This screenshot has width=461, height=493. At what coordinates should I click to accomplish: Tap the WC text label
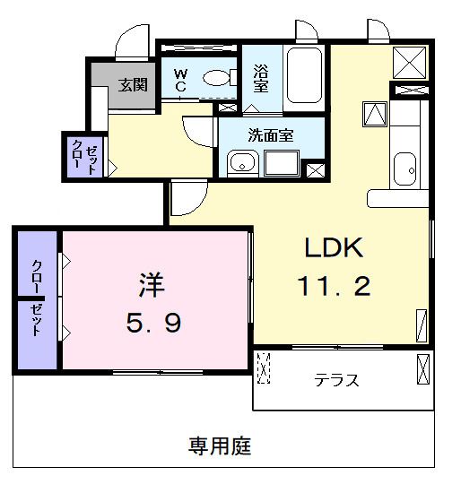coord(179,80)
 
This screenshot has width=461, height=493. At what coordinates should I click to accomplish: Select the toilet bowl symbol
coord(216,78)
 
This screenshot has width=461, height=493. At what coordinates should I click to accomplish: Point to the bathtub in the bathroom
coord(305,77)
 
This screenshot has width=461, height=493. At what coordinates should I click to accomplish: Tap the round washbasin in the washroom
coord(240,163)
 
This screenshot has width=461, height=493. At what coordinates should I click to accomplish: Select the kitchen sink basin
coord(405,168)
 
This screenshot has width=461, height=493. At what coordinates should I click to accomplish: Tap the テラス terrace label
coord(337,380)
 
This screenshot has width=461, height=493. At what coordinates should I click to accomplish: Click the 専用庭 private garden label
coord(220,445)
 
